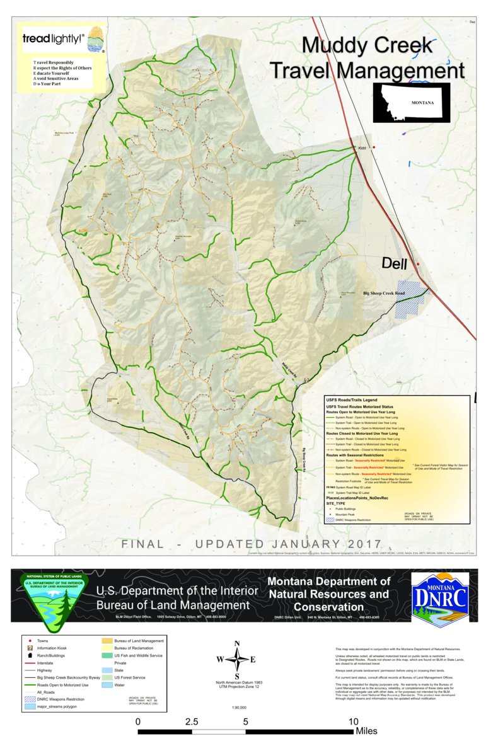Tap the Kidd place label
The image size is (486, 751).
(362, 149)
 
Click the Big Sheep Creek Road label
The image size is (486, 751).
(393, 294)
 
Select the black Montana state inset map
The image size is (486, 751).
(407, 102)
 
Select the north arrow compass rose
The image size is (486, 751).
(237, 660)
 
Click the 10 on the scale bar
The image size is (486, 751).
(354, 721)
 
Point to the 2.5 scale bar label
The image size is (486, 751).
(192, 721)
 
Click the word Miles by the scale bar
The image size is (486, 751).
(366, 731)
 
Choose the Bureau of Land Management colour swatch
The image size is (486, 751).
(106, 641)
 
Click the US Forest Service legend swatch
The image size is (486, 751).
(106, 677)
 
